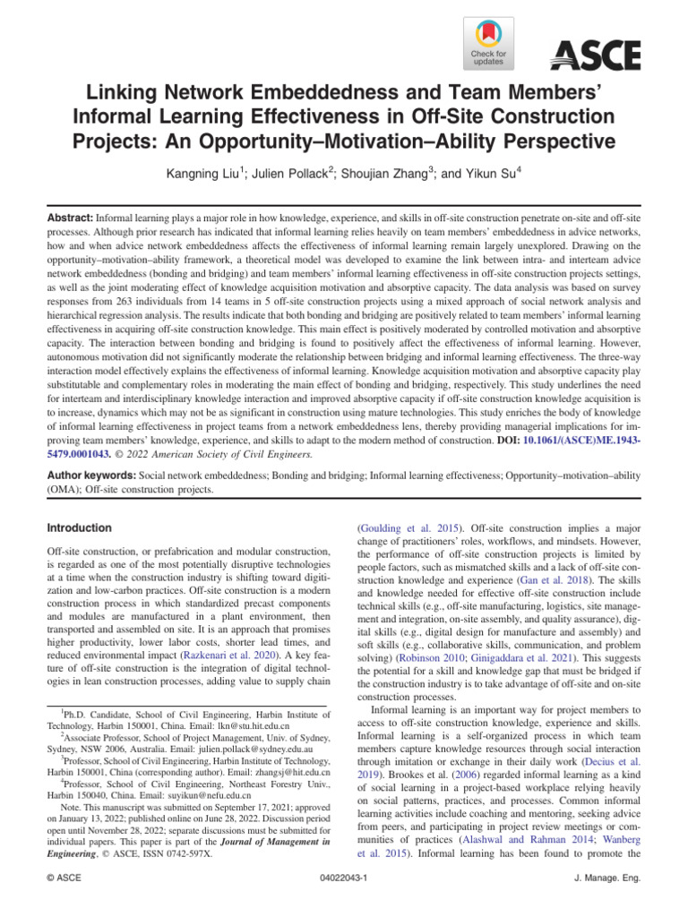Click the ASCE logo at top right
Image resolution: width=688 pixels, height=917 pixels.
tap(595, 56)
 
